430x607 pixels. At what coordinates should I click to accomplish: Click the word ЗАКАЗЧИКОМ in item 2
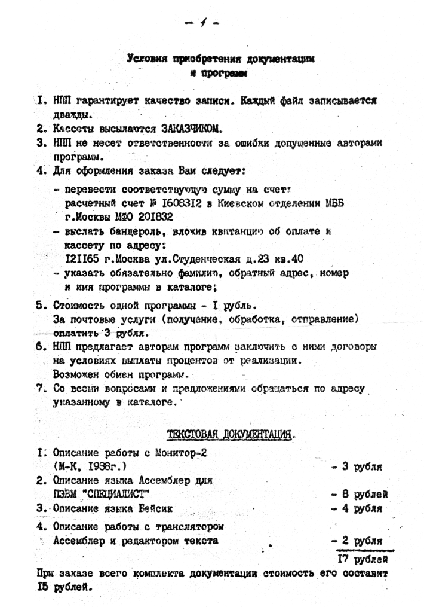(192, 129)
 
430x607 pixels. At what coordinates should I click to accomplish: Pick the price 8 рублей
(360, 494)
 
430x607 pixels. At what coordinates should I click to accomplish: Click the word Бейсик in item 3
(156, 509)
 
